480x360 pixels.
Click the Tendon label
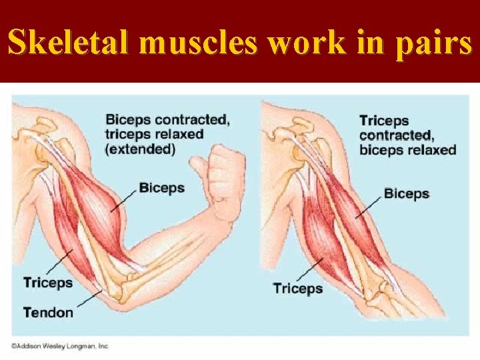tap(48, 311)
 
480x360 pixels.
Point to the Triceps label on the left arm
tap(48, 283)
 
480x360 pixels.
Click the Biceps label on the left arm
tap(161, 188)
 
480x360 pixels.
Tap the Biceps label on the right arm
tap(407, 194)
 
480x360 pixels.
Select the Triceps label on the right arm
tap(298, 289)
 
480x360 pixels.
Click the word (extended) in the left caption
tap(140, 149)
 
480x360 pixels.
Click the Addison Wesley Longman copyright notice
tap(59, 346)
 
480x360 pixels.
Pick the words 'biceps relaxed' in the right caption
tap(407, 150)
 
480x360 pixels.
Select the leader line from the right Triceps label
tap(311, 269)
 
